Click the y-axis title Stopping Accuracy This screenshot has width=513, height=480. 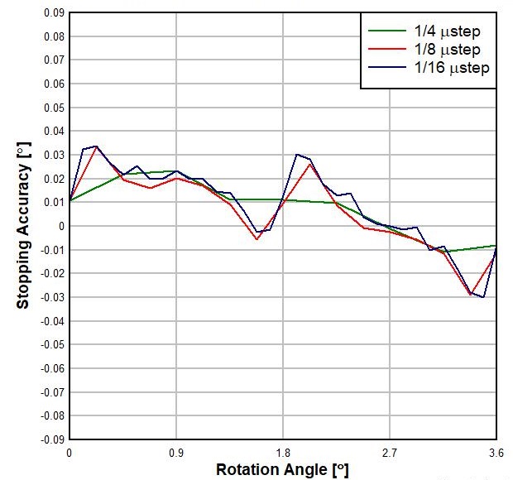click(23, 226)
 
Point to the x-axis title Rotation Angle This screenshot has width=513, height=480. click(282, 470)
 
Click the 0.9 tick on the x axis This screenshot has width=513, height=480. click(176, 454)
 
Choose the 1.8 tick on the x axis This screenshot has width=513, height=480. click(283, 454)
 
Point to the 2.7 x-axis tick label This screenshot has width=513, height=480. click(390, 454)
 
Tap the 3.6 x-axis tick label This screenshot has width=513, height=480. click(496, 454)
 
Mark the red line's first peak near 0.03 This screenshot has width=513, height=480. click(97, 146)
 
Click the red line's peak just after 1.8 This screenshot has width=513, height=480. click(309, 164)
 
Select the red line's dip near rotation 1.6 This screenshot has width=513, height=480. click(258, 239)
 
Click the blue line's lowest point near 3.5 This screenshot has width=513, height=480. click(483, 297)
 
